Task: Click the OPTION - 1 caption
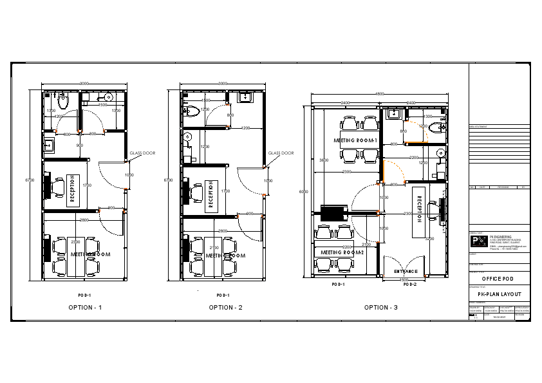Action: [85, 308]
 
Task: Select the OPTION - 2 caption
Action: [225, 308]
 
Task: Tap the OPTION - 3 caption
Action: [381, 308]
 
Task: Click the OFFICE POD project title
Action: [500, 279]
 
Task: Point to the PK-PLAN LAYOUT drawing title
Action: [500, 294]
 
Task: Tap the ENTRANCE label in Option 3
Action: [406, 272]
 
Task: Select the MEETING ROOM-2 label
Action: [342, 252]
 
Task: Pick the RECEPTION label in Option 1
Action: [72, 189]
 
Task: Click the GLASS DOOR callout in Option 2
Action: [281, 153]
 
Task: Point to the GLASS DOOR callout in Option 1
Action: [142, 153]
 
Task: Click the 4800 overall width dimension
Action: [380, 95]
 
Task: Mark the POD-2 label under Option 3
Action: [410, 284]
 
